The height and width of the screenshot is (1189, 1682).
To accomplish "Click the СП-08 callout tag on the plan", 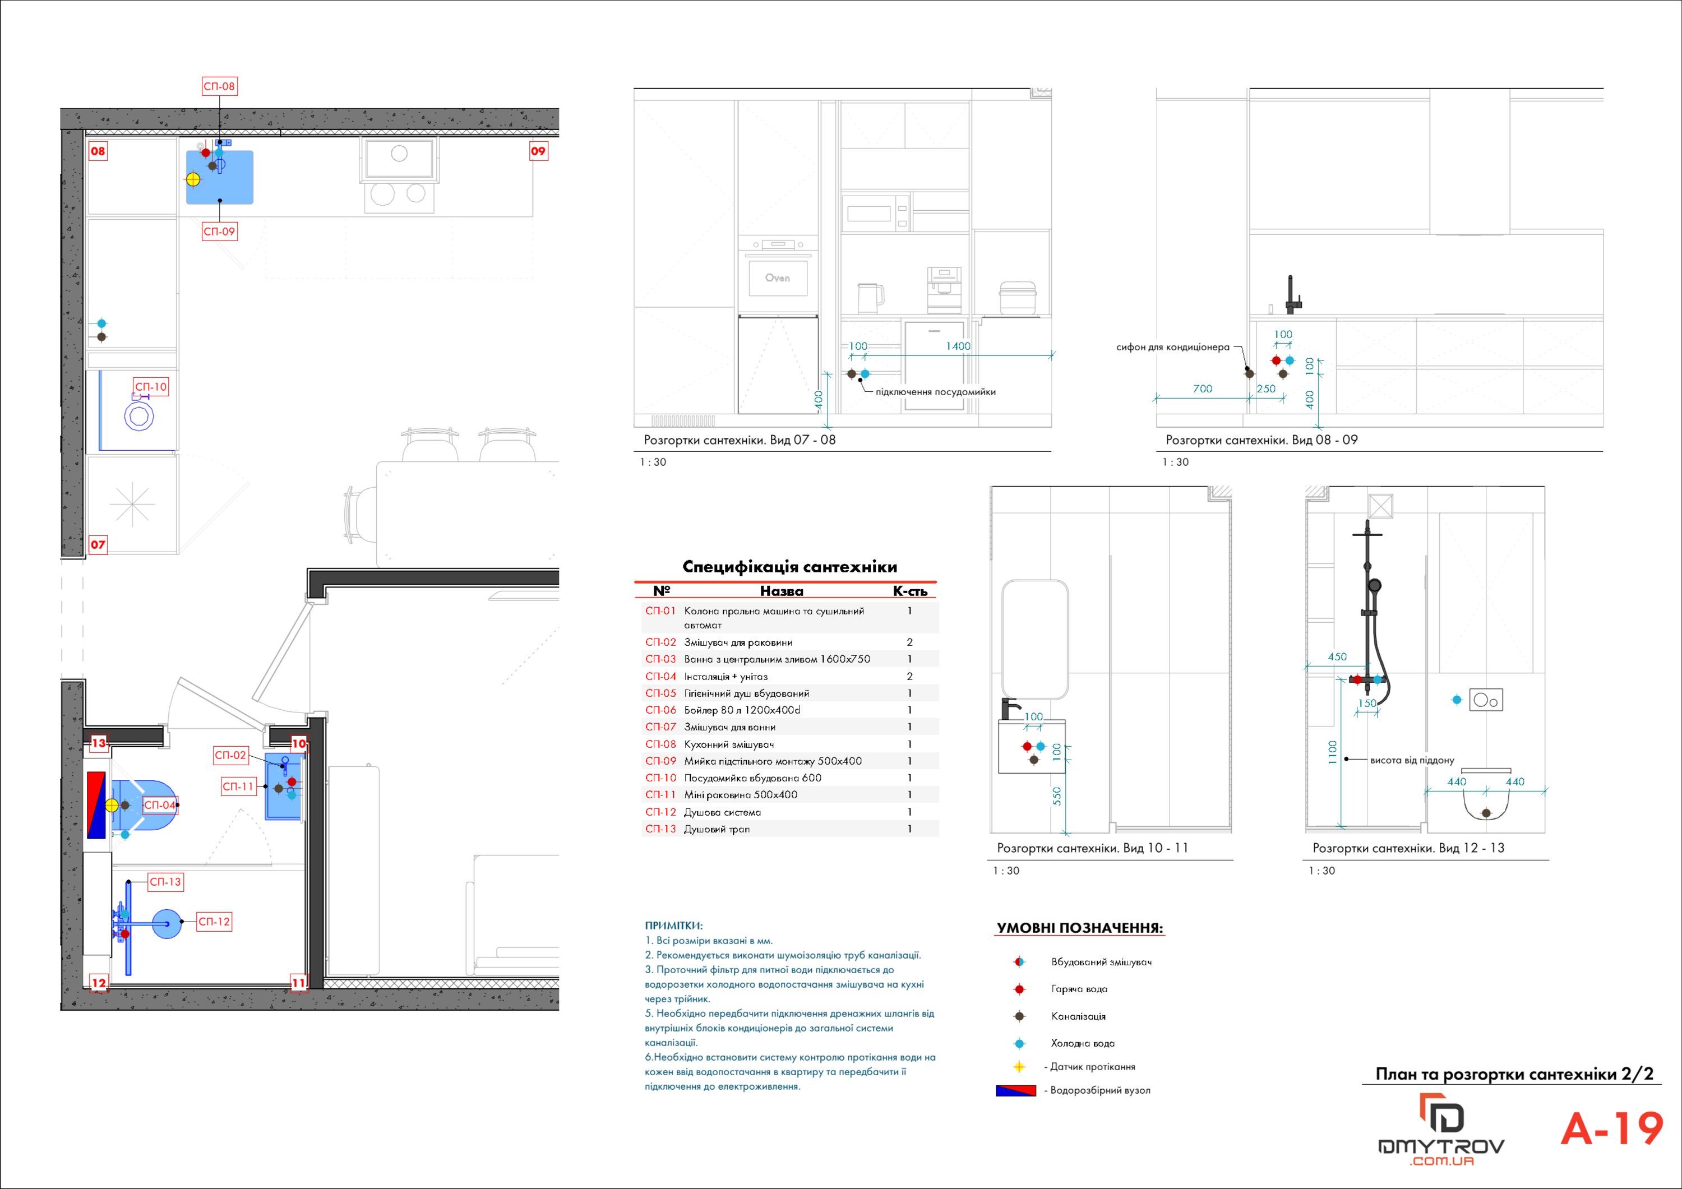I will tap(219, 86).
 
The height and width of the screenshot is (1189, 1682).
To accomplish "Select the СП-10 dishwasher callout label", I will tap(151, 387).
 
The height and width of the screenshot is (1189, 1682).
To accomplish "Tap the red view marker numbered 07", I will tap(98, 544).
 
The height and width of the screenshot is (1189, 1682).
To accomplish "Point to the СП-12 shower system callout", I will tap(214, 922).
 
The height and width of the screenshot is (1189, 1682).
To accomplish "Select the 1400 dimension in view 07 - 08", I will tap(958, 346).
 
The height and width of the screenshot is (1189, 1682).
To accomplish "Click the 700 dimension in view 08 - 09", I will tap(1202, 388).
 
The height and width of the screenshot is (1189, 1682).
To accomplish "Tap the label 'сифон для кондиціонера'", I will tap(1172, 346).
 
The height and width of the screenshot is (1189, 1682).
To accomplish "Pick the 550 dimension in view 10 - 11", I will tap(1056, 797).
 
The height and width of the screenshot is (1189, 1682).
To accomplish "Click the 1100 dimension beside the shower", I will tap(1332, 753).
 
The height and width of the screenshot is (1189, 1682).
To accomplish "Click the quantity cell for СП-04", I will tap(910, 676).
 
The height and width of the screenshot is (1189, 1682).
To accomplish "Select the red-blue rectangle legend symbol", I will tap(1015, 1090).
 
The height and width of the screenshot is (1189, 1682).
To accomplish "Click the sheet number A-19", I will tap(1612, 1129).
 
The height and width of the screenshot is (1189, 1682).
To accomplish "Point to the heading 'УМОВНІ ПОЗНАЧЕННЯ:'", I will tap(1080, 928).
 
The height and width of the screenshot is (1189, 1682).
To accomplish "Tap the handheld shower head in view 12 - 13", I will tap(1375, 586).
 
